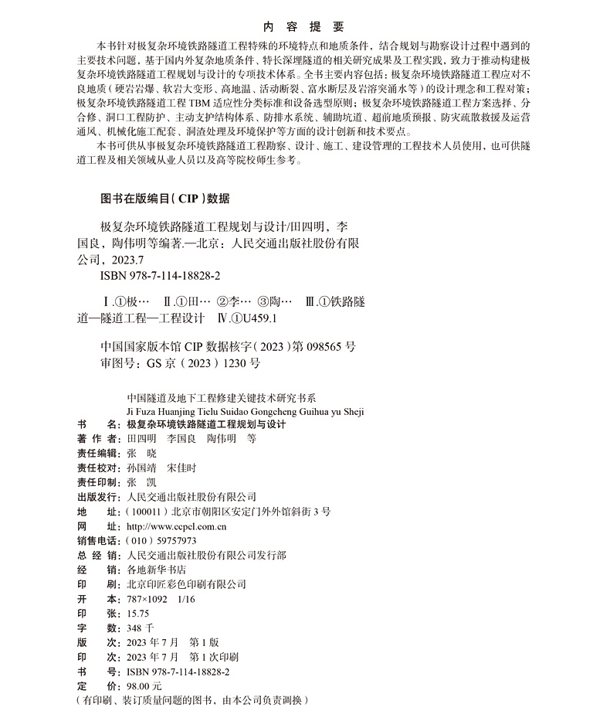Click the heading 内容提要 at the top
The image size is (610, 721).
click(x=303, y=26)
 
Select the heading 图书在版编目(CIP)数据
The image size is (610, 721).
click(x=165, y=198)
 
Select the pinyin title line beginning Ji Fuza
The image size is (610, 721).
click(x=244, y=411)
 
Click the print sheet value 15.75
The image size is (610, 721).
click(x=139, y=613)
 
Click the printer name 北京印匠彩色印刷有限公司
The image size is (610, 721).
click(x=186, y=584)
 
